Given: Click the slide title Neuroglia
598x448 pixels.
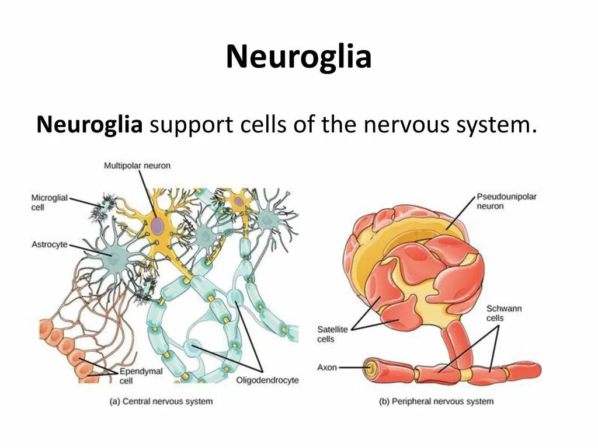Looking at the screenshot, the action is coord(298,57).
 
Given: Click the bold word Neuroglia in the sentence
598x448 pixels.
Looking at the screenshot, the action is coord(89,124).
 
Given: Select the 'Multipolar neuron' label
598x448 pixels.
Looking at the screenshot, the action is coord(137,166).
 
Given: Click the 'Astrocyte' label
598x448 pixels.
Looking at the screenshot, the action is coord(49,245).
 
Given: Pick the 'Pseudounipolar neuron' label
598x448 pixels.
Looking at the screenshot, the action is coord(506,201).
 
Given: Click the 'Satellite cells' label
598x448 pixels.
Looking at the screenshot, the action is coord(332,334).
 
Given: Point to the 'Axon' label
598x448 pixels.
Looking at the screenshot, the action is coord(327,367).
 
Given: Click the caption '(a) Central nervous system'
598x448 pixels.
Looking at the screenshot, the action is coord(161,401).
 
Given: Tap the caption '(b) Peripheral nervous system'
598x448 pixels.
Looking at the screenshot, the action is coord(436,401).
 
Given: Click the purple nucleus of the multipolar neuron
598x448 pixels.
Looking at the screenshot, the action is coord(157,226).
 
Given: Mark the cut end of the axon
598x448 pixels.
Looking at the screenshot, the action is coord(368,368).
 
